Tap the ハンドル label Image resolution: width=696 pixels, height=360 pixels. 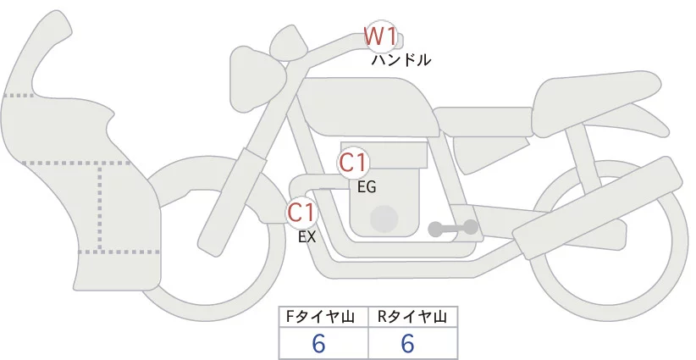tap(401, 60)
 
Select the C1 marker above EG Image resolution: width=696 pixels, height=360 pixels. tap(353, 162)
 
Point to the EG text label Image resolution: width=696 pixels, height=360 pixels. tap(367, 186)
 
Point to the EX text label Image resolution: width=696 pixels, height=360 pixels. tap(307, 237)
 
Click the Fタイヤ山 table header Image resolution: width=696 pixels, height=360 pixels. tap(323, 317)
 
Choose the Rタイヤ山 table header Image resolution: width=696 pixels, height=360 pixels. tap(412, 317)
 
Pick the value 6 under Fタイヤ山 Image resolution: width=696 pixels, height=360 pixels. tap(319, 343)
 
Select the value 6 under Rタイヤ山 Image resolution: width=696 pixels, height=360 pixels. tap(407, 343)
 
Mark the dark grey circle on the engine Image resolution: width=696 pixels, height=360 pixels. tap(384, 219)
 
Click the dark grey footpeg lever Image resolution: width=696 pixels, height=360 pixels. tap(453, 227)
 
